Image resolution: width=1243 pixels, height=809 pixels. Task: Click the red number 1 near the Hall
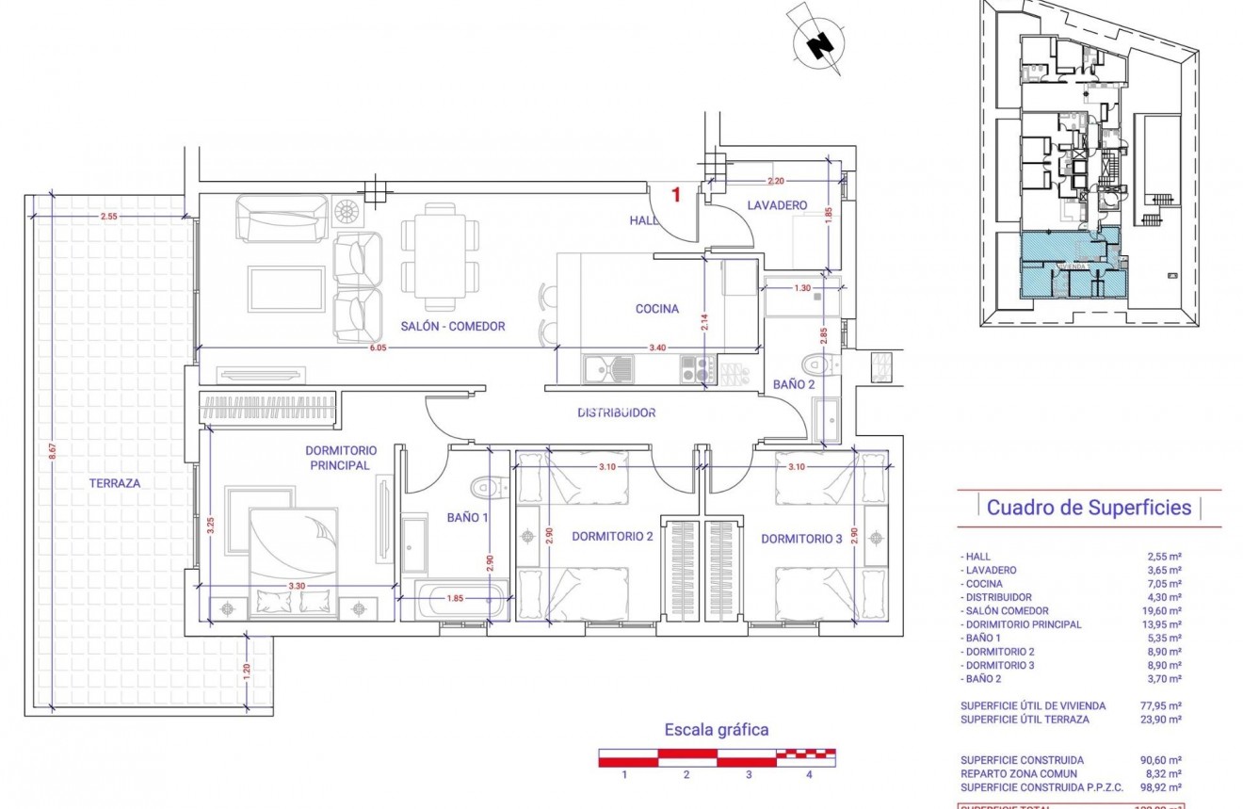[x=675, y=196]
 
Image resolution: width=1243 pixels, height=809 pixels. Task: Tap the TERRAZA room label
[x=115, y=482]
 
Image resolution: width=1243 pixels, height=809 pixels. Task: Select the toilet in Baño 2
[x=815, y=364]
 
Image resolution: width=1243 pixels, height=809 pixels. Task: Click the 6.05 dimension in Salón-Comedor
[x=377, y=348]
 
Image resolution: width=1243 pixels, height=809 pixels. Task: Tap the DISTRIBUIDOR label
[x=616, y=413]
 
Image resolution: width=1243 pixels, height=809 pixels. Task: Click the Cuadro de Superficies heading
[x=1089, y=508]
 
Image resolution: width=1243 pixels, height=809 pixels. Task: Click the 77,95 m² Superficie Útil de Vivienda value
[x=1164, y=705]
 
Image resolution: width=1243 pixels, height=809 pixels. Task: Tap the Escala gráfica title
[x=717, y=729]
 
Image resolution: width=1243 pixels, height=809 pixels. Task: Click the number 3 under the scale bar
[x=748, y=775]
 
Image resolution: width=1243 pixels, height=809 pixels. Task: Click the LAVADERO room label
[x=778, y=204]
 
